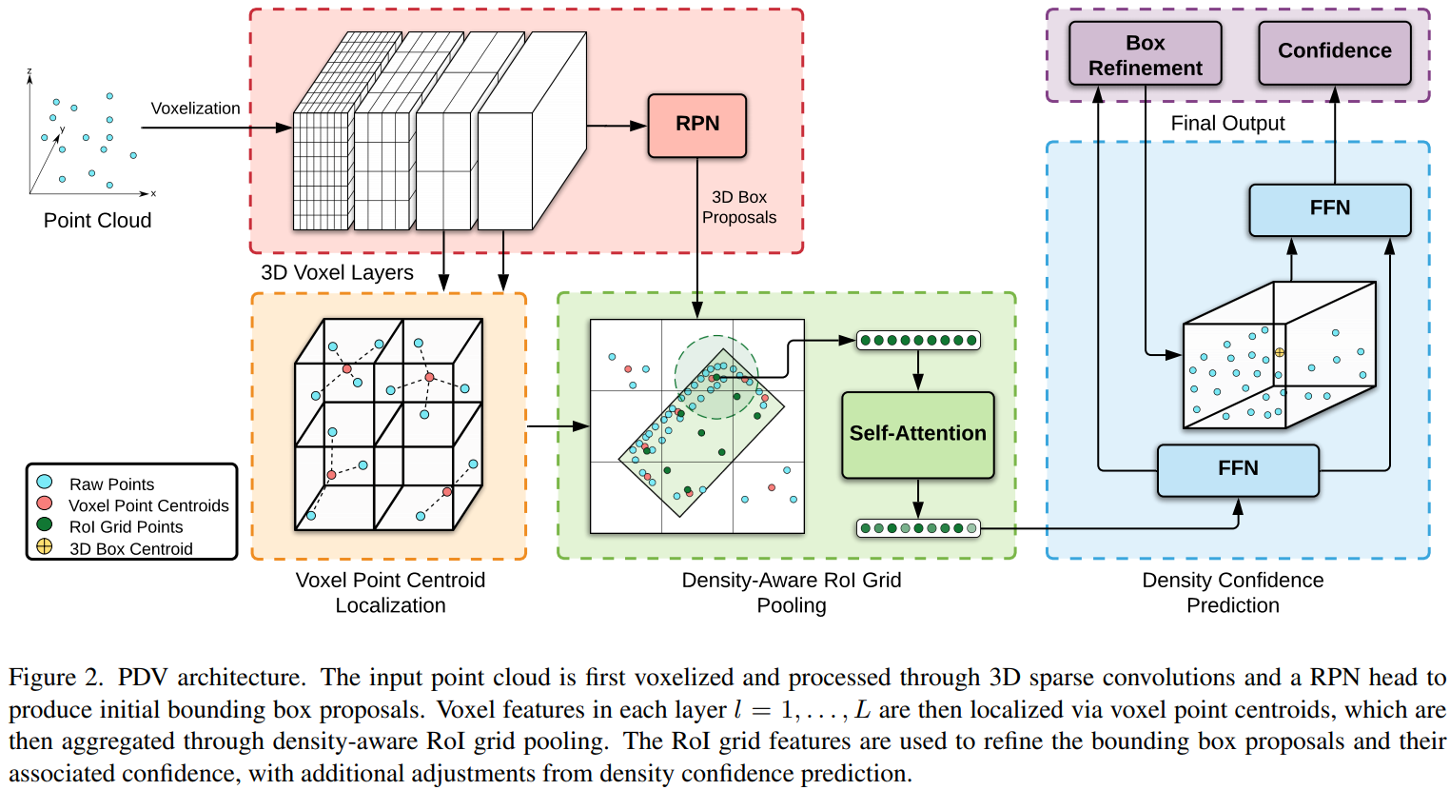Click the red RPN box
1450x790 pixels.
coord(696,125)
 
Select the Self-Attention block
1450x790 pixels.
coord(917,434)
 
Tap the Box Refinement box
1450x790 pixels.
coord(1145,55)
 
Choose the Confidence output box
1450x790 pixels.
coord(1334,51)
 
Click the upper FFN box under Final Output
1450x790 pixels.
coord(1329,208)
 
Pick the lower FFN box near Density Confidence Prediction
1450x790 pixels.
coord(1238,469)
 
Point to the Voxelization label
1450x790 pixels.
coord(195,109)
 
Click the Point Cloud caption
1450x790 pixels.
coord(97,221)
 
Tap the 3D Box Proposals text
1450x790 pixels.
coord(739,207)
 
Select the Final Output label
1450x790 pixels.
coord(1227,124)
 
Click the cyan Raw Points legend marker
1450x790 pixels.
coord(45,483)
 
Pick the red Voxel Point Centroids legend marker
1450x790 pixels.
coord(45,504)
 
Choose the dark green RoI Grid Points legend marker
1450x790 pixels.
coord(45,524)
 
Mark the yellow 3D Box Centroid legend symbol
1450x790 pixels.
coord(45,546)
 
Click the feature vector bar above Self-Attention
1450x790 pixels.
coord(918,340)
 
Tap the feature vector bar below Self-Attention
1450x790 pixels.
coord(918,528)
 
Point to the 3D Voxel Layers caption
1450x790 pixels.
coord(337,273)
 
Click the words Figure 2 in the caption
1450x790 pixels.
coord(54,678)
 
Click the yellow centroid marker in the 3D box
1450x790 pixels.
coord(1280,352)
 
